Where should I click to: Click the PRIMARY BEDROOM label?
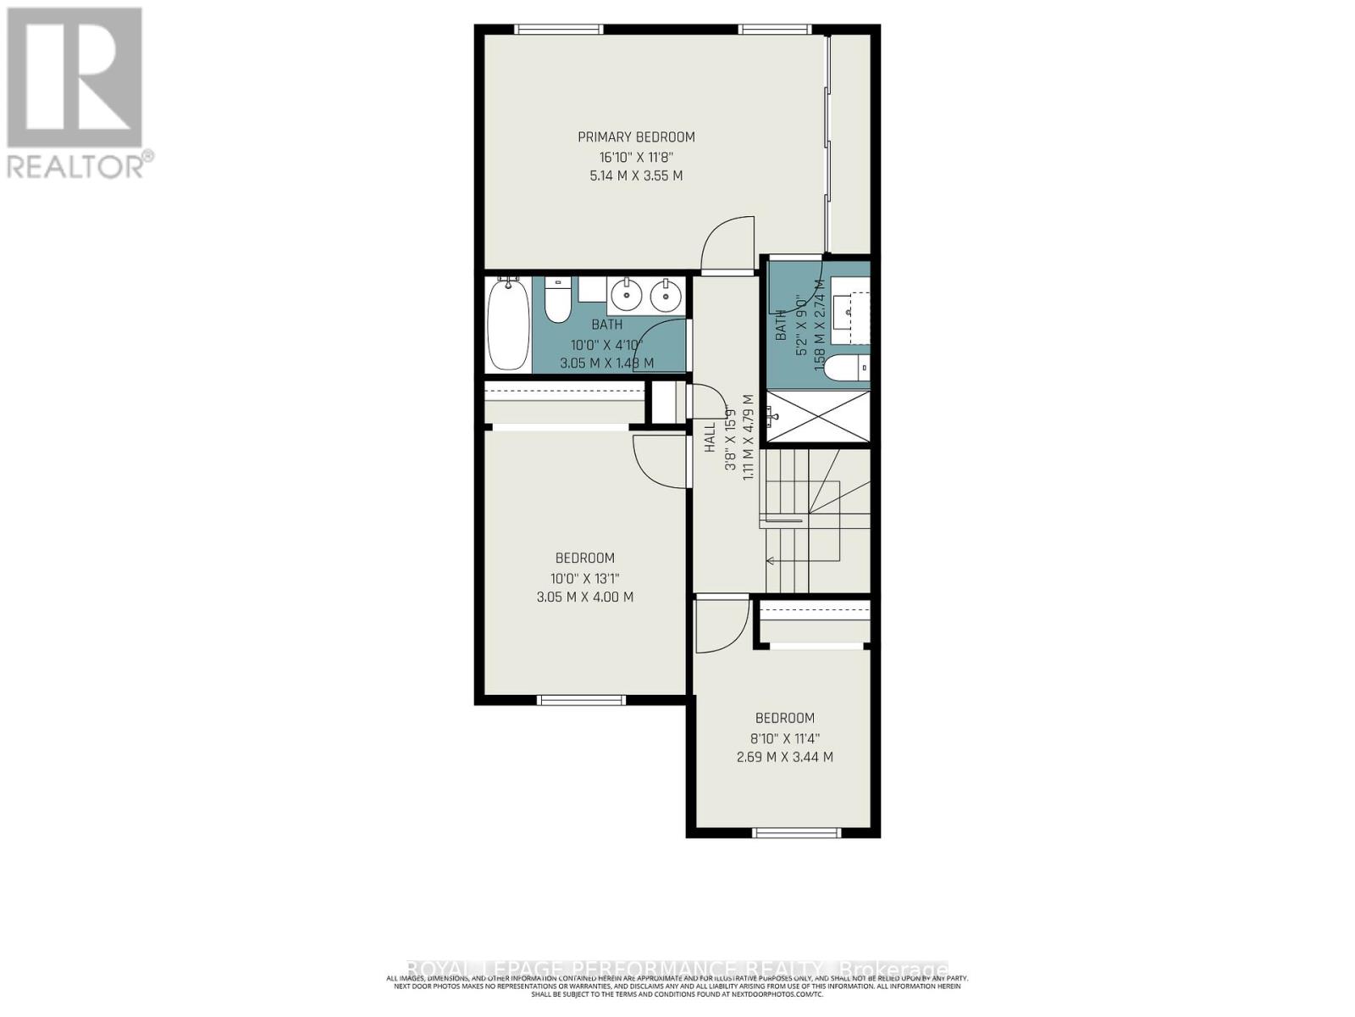pos(636,136)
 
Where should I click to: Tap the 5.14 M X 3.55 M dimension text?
pos(636,176)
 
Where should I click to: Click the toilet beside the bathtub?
pos(557,301)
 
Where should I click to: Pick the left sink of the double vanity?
pos(626,295)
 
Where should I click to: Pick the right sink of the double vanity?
pos(666,295)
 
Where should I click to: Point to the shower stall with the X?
pos(818,416)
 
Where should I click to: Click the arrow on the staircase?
pos(771,560)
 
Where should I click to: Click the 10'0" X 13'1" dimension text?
pos(584,578)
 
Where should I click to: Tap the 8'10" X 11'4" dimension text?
pos(784,737)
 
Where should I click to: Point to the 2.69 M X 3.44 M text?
pos(784,757)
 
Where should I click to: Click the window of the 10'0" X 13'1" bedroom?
pos(581,700)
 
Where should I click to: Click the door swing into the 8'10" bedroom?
pos(721,625)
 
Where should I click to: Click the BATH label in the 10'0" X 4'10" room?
pos(606,325)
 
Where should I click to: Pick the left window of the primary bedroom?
pos(560,30)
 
